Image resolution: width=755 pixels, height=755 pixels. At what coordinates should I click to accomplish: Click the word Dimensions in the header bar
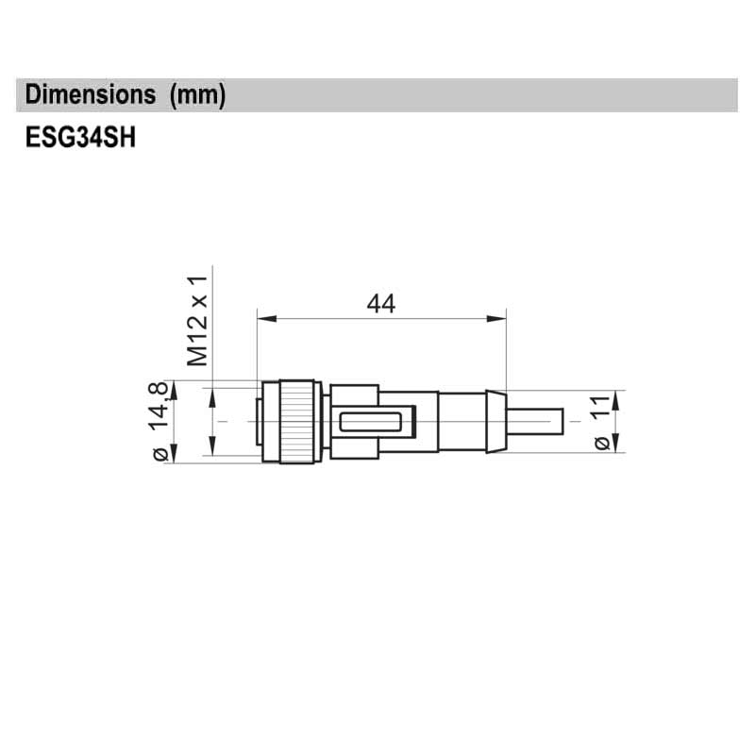pyautogui.click(x=91, y=95)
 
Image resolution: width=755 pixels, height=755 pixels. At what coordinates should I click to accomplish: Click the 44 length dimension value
pyautogui.click(x=380, y=304)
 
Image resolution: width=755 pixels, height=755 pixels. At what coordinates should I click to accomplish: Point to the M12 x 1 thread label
pyautogui.click(x=196, y=321)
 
